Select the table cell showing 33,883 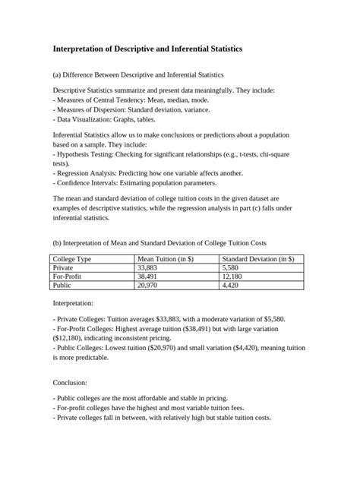pyautogui.click(x=147, y=268)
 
